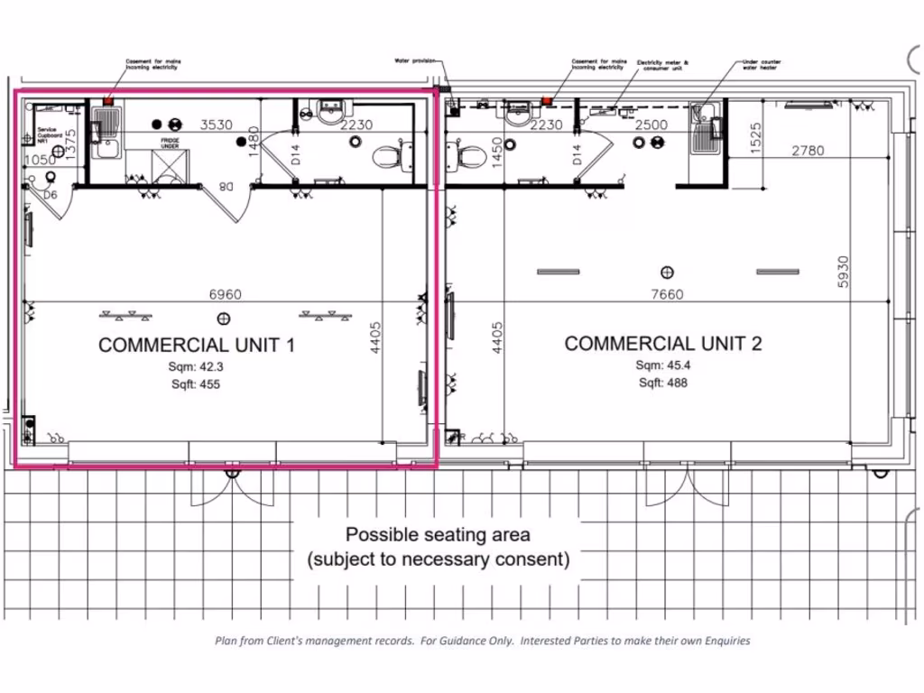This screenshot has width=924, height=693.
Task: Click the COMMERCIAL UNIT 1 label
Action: tap(196, 345)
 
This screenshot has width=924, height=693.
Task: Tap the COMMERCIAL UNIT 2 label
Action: tap(663, 343)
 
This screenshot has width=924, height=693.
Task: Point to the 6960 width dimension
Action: tap(225, 294)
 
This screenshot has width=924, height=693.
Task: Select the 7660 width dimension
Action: tap(667, 294)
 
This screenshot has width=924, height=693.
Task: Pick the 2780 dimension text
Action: tap(808, 151)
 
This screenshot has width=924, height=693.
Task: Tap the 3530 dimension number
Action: tap(217, 125)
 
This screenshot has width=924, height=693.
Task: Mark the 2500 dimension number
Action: tap(651, 125)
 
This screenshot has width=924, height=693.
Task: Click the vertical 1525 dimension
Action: tap(756, 136)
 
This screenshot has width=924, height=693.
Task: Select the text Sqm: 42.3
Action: tap(196, 366)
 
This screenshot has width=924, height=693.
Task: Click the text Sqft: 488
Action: tap(663, 383)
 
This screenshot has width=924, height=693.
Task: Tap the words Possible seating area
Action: tap(439, 534)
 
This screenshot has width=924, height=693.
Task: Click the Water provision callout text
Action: tap(414, 61)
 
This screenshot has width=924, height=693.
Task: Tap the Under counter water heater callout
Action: tap(761, 65)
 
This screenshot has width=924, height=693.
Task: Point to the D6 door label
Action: tap(51, 194)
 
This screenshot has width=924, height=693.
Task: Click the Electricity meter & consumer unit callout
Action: tap(662, 65)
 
